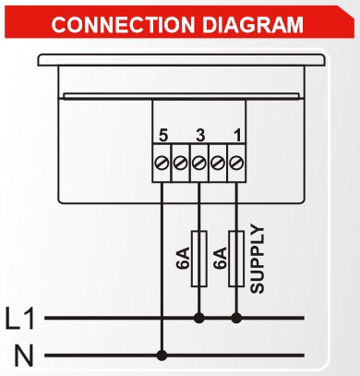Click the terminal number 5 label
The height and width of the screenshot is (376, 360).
(162, 136)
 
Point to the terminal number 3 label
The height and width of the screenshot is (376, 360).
(200, 136)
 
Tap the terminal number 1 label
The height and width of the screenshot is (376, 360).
(237, 136)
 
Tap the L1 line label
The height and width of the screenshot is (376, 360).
(19, 320)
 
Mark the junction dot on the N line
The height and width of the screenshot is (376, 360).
(162, 354)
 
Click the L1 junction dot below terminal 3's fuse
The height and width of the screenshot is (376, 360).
(199, 318)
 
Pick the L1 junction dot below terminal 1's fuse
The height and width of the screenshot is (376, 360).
(236, 318)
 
